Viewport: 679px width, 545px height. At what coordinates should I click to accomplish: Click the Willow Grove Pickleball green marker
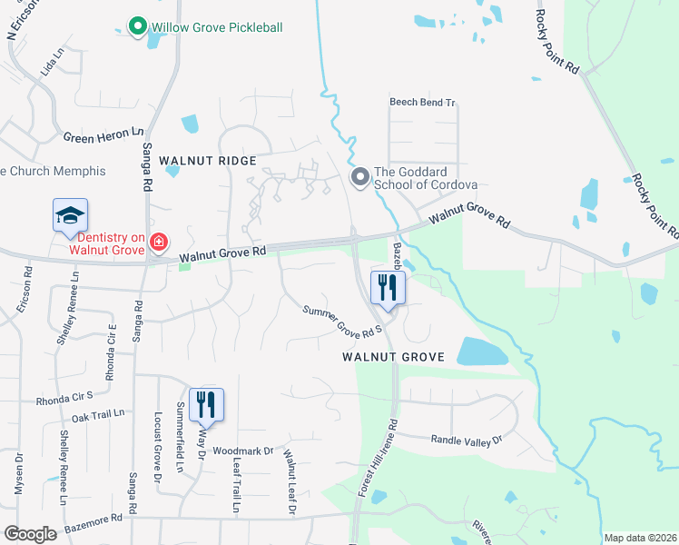137,26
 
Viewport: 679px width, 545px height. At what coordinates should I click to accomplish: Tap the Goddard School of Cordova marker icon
360,176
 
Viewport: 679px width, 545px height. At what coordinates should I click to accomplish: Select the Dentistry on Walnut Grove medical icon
158,242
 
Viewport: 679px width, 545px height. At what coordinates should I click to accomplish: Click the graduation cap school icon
70,216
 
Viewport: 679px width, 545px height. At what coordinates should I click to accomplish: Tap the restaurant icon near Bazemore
388,289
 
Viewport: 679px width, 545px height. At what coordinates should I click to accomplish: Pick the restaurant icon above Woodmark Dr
206,404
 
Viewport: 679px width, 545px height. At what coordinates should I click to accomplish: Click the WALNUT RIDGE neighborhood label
208,161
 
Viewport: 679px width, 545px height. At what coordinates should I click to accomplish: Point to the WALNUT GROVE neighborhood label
393,357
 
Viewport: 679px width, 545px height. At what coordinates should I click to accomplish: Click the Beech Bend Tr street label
422,103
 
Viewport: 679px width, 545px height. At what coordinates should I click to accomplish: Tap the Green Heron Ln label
103,136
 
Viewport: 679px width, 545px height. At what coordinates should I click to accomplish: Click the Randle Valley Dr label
466,439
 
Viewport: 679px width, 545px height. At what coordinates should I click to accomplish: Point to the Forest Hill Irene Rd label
378,458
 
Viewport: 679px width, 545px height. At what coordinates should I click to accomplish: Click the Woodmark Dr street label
243,451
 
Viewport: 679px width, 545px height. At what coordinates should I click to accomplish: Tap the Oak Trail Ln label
97,414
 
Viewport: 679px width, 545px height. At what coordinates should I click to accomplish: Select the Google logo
31,534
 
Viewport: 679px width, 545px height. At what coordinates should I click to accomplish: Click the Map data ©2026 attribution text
640,538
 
